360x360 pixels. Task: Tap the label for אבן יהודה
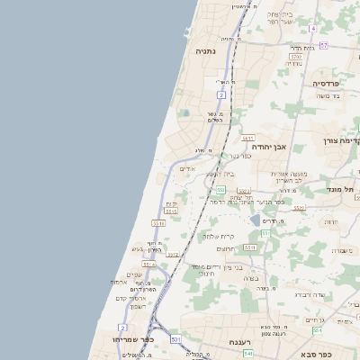[268, 146]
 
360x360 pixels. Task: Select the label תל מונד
[343, 188]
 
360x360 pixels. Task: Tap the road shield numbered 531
[175, 339]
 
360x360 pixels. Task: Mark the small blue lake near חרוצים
[256, 220]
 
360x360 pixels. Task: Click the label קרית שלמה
[218, 236]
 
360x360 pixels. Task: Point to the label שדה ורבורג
[314, 294]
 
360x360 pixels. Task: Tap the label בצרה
[250, 279]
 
